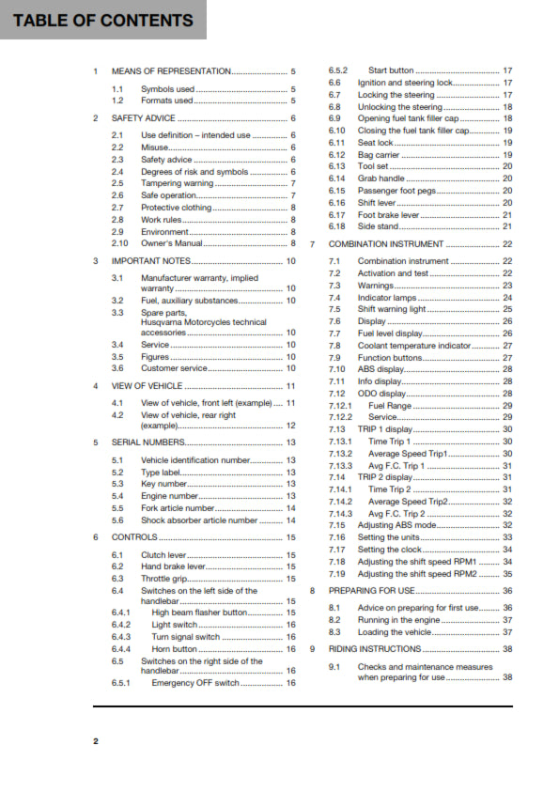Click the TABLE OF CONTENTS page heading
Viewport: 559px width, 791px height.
click(x=103, y=20)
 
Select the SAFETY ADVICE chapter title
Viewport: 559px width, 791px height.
click(x=143, y=118)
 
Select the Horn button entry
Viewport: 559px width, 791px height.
click(x=175, y=649)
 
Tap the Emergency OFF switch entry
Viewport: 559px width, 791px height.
click(x=195, y=683)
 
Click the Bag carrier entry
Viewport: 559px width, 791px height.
click(x=379, y=155)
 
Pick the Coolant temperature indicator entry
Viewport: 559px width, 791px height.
click(x=413, y=346)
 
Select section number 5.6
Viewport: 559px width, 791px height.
click(x=117, y=520)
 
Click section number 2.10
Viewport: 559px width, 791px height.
click(x=119, y=243)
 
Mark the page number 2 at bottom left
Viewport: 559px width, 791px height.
click(x=96, y=741)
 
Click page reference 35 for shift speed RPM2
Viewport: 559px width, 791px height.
click(x=507, y=573)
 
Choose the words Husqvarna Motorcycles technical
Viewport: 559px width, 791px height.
click(x=203, y=321)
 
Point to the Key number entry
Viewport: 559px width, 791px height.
click(x=164, y=484)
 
